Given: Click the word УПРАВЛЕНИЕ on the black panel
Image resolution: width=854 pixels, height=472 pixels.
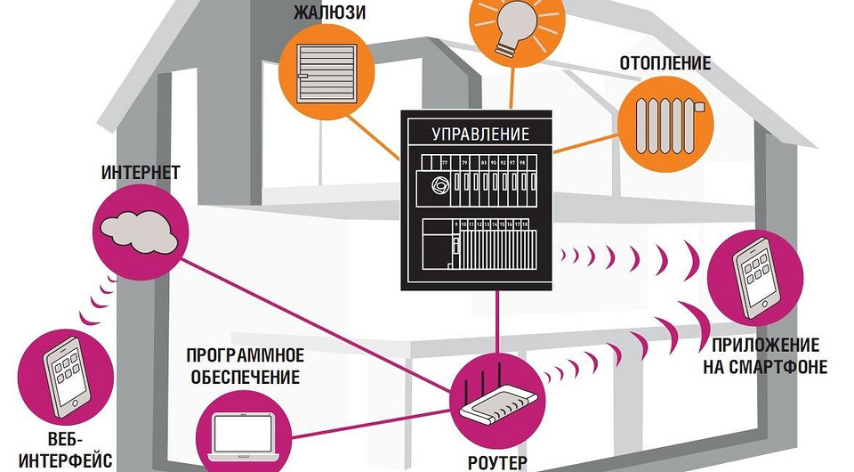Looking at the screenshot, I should click(480, 134).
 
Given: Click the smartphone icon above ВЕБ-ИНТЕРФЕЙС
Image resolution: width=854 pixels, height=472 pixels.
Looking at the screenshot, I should click(66, 373).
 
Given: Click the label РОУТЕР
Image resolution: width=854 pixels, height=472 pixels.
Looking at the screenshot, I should click(497, 462).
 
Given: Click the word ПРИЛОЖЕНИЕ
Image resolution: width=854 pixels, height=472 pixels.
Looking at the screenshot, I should click(766, 346).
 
